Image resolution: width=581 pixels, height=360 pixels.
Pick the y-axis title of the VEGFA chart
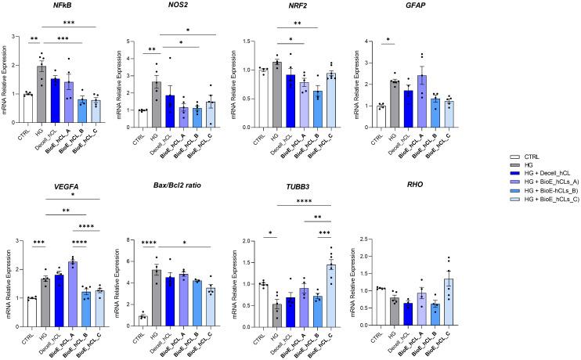coord(8,268)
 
